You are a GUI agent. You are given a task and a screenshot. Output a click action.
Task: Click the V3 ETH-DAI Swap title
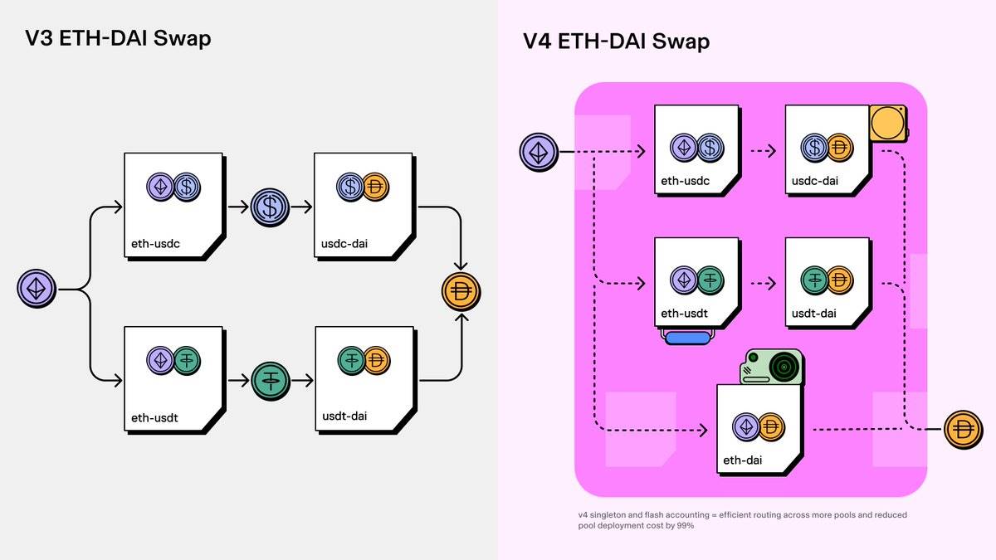[118, 37]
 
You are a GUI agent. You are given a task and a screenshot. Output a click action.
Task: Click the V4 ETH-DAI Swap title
[616, 41]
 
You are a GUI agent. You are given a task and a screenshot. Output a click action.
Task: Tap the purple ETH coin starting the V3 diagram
[37, 290]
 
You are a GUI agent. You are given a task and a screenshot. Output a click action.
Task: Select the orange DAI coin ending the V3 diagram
[461, 291]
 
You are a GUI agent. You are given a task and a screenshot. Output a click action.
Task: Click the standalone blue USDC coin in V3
[270, 207]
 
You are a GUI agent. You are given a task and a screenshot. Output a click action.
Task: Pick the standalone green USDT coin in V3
[270, 381]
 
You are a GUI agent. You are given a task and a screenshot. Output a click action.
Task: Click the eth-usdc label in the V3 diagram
[155, 245]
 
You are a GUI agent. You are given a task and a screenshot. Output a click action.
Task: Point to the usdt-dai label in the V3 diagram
[344, 418]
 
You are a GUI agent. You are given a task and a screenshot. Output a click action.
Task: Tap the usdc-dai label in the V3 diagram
[345, 245]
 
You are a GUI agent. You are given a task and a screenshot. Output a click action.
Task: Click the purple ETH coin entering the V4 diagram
[539, 153]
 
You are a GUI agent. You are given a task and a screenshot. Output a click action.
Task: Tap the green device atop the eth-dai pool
[772, 367]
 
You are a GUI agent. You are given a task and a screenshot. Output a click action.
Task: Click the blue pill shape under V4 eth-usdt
[687, 337]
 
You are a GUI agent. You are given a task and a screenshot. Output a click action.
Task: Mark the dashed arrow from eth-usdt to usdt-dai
[762, 283]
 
